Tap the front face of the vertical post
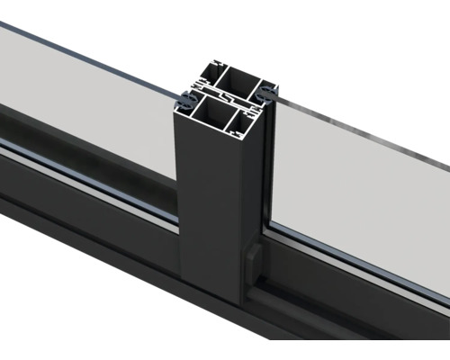207,207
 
